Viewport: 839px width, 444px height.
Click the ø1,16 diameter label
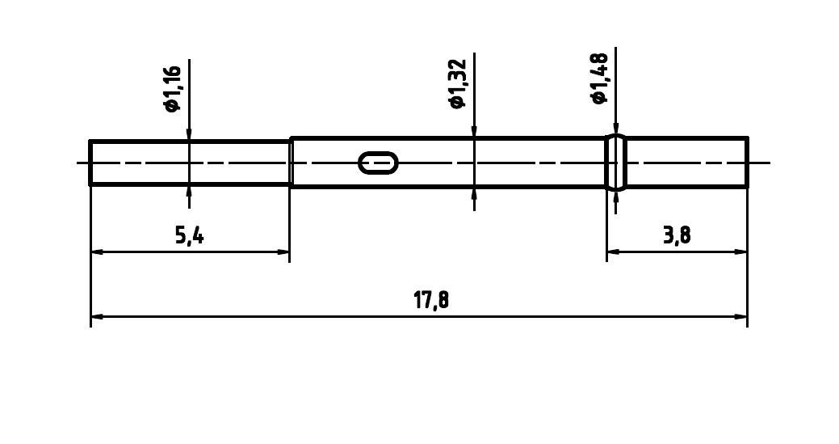pyautogui.click(x=172, y=89)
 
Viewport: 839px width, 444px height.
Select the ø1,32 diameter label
pyautogui.click(x=457, y=84)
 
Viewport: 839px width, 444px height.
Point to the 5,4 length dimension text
pyautogui.click(x=189, y=236)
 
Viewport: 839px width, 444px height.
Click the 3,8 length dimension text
pyautogui.click(x=677, y=235)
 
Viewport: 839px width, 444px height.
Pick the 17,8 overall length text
pyautogui.click(x=431, y=301)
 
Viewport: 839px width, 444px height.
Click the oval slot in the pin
pyautogui.click(x=378, y=163)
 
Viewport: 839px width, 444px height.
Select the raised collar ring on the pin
pyautogui.click(x=615, y=163)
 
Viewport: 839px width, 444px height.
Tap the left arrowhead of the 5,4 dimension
pyautogui.click(x=96, y=252)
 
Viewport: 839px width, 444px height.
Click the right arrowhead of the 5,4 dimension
pyautogui.click(x=283, y=252)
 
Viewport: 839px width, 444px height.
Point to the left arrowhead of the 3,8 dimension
pyautogui.click(x=613, y=252)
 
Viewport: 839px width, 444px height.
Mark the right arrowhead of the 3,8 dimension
pyautogui.click(x=741, y=252)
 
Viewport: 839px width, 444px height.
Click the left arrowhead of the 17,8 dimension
pyautogui.click(x=96, y=316)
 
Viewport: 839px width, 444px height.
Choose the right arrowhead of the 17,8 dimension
pyautogui.click(x=741, y=316)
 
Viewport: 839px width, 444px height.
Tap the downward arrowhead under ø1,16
pyautogui.click(x=189, y=135)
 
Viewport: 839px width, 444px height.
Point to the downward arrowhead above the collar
pyautogui.click(x=615, y=129)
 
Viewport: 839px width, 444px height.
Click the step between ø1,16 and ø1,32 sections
pyautogui.click(x=290, y=163)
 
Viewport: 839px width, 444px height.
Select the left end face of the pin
pyautogui.click(x=90, y=163)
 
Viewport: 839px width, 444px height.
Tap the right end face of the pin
pyautogui.click(x=747, y=163)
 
